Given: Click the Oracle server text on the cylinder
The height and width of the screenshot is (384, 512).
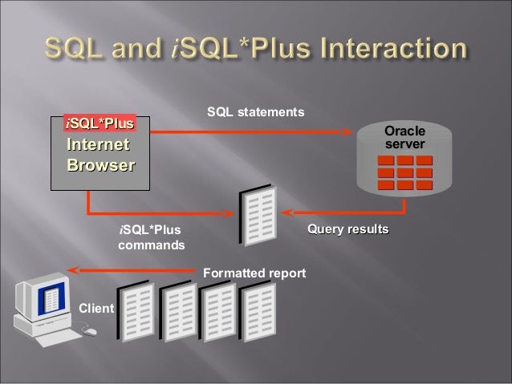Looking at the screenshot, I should point(405,137).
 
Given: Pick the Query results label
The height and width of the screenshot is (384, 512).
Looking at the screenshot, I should point(347,230).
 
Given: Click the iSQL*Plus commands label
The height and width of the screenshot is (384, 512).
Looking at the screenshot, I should point(151,239).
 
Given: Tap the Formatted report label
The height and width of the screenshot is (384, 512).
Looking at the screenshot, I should point(255,274).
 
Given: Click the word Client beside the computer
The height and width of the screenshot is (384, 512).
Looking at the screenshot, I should point(95,308).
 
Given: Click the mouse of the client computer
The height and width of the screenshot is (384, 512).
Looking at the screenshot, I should point(91,330).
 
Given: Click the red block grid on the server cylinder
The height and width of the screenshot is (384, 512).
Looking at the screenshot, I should point(405,172).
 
